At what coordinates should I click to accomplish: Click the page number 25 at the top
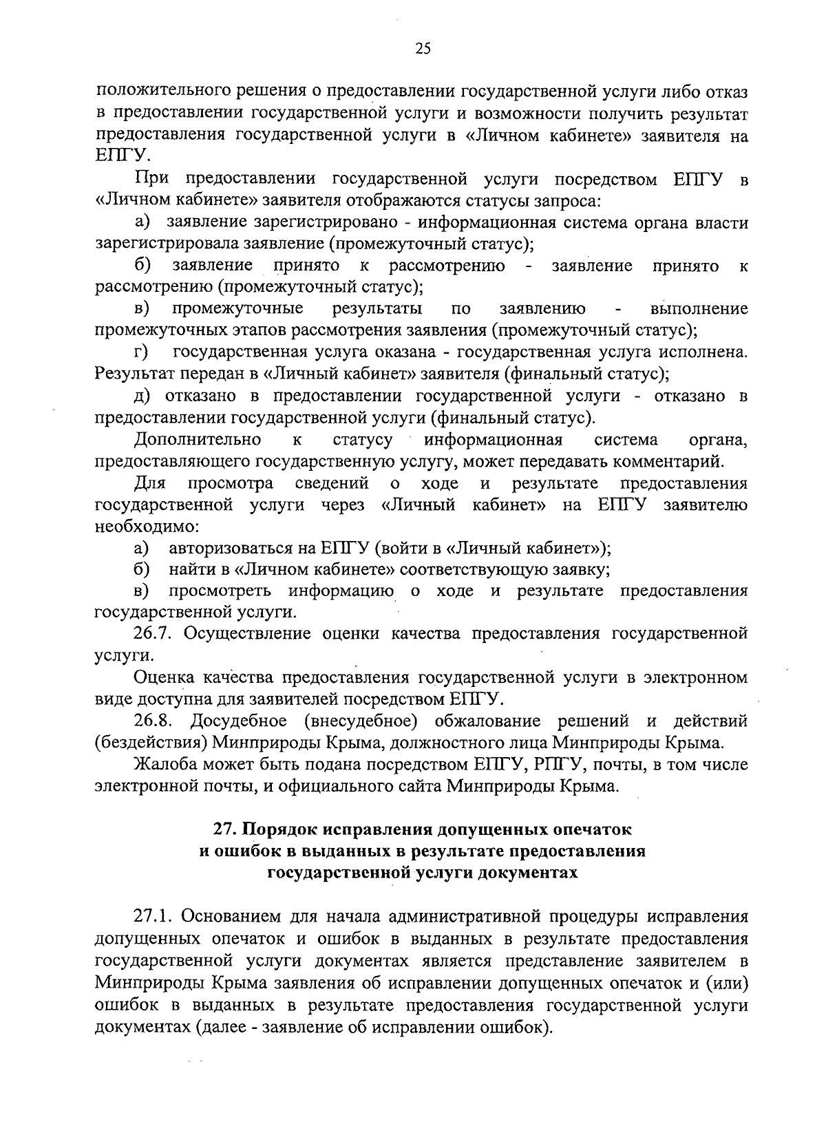click(423, 47)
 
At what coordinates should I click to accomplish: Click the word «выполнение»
click(699, 308)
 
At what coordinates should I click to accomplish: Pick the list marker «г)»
click(142, 352)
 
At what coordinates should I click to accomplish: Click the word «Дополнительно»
click(198, 440)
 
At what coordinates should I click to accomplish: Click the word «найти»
click(189, 570)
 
